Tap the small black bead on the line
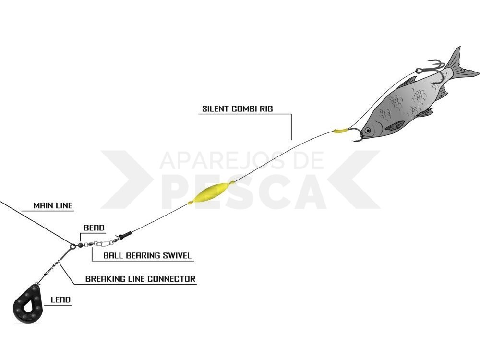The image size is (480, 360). pyautogui.click(x=81, y=245)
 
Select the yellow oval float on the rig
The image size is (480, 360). pyautogui.click(x=211, y=193)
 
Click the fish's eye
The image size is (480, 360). pyautogui.click(x=367, y=131)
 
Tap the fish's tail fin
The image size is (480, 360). pyautogui.click(x=461, y=66)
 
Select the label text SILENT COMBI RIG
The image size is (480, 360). pyautogui.click(x=237, y=108)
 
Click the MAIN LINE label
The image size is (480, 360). pyautogui.click(x=53, y=205)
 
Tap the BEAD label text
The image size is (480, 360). pyautogui.click(x=94, y=228)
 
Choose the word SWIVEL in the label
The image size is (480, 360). pyautogui.click(x=177, y=256)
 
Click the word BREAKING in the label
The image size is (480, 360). pyautogui.click(x=105, y=279)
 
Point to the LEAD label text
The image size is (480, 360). pyautogui.click(x=60, y=300)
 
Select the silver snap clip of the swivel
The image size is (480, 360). pyautogui.click(x=102, y=243)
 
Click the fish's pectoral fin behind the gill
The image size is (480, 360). pyautogui.click(x=395, y=125)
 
